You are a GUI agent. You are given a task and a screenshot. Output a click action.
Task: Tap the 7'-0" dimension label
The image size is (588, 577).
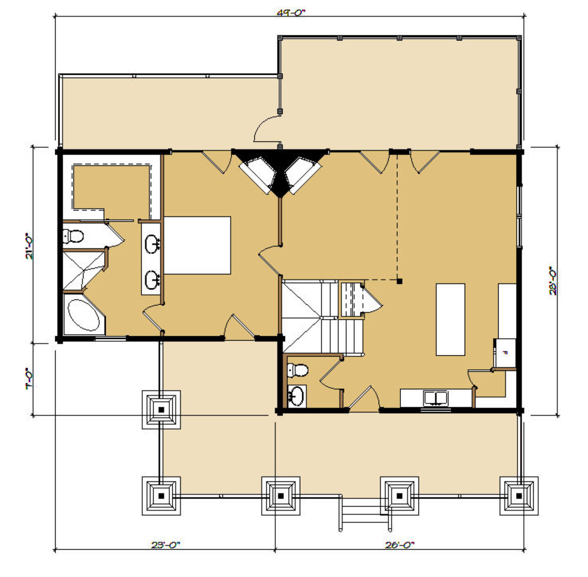pos(29,379)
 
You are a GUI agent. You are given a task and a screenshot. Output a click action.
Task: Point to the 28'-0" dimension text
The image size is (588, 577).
pos(552,281)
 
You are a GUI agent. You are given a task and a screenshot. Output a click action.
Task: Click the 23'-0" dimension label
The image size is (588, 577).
pos(165,545)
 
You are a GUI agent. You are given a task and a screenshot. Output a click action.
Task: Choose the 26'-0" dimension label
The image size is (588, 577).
pos(399,545)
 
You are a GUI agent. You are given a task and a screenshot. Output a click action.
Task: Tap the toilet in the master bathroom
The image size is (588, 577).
pos(73,236)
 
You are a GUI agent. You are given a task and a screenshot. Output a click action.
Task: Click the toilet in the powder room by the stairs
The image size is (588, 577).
pos(298,370)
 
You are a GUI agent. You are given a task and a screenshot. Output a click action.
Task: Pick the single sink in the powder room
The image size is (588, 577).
pos(296,396)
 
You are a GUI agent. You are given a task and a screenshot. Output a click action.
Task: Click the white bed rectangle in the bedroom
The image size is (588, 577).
pos(197,245)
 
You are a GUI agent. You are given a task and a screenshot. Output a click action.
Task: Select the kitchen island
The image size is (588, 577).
pos(450,319)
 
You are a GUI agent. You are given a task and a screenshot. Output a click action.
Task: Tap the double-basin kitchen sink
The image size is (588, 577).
pos(435,398)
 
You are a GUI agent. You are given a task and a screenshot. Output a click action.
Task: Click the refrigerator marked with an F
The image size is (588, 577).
pos(506,352)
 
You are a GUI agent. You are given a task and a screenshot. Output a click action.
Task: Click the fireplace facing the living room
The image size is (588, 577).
pos(302,174)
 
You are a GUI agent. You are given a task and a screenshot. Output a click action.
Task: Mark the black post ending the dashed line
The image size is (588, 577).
pos(400,281)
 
